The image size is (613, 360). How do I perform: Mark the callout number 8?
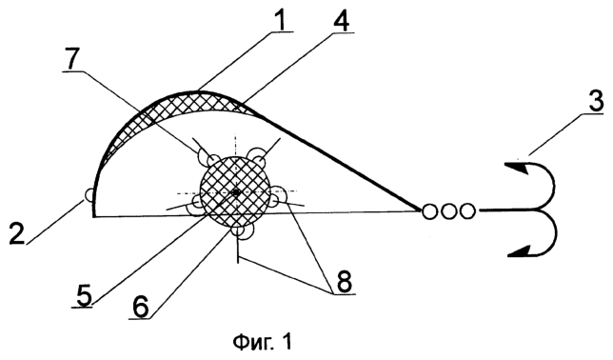[344, 281]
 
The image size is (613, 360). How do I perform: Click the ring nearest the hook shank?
[466, 211]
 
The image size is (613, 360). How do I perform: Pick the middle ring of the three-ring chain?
[448, 211]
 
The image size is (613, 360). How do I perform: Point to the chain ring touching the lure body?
[429, 211]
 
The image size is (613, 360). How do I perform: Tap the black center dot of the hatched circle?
[235, 192]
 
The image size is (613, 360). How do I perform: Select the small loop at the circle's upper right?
[259, 155]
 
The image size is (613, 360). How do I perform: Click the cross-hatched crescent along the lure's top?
[195, 102]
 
